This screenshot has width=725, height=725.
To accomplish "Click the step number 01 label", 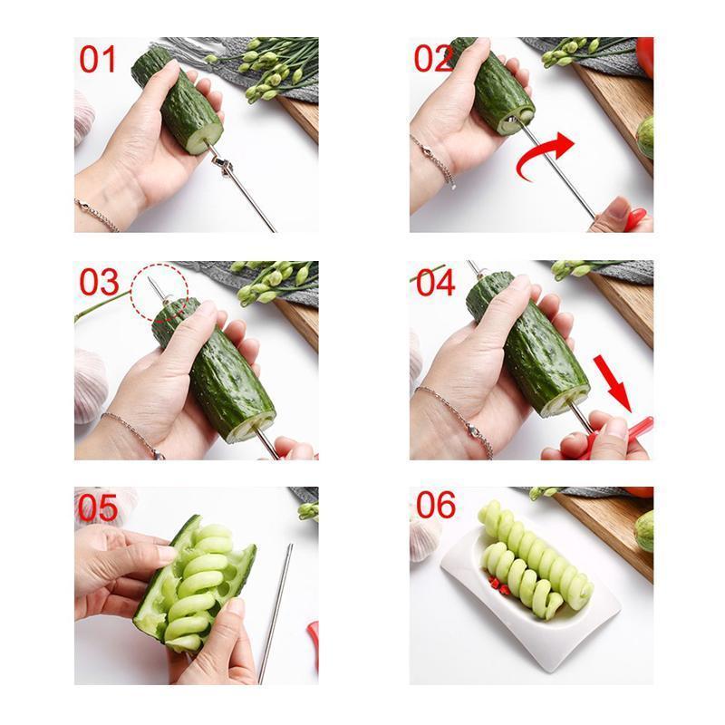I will point(98,59).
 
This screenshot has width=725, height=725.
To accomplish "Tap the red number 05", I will point(98,508).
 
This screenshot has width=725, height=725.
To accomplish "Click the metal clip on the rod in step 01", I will point(223,164).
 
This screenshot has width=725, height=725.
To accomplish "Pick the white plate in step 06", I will point(526,616).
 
